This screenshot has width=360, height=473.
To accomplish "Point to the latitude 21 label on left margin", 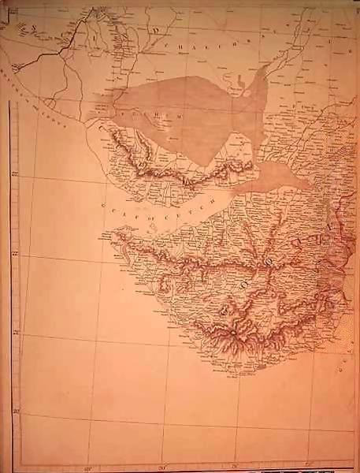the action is click(16, 333).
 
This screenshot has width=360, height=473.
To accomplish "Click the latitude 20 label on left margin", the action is click(16, 411).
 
